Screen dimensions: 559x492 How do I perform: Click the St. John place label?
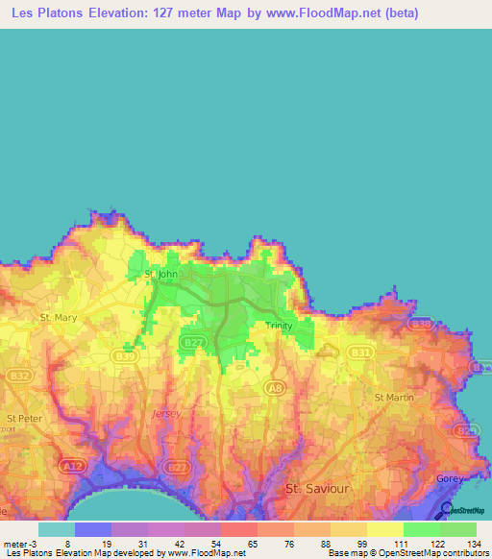tap(160, 274)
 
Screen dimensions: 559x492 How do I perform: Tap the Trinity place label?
tap(280, 327)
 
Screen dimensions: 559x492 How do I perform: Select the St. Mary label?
tap(58, 316)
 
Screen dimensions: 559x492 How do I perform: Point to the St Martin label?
tap(392, 396)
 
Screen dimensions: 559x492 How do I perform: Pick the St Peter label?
tap(24, 418)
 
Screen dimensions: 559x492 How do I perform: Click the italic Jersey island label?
tap(165, 413)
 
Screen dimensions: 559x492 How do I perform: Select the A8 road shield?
tap(276, 387)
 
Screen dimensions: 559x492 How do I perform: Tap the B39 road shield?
tap(124, 355)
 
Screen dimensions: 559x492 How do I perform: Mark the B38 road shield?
tap(420, 324)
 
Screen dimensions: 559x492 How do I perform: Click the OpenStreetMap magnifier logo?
tap(448, 508)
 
